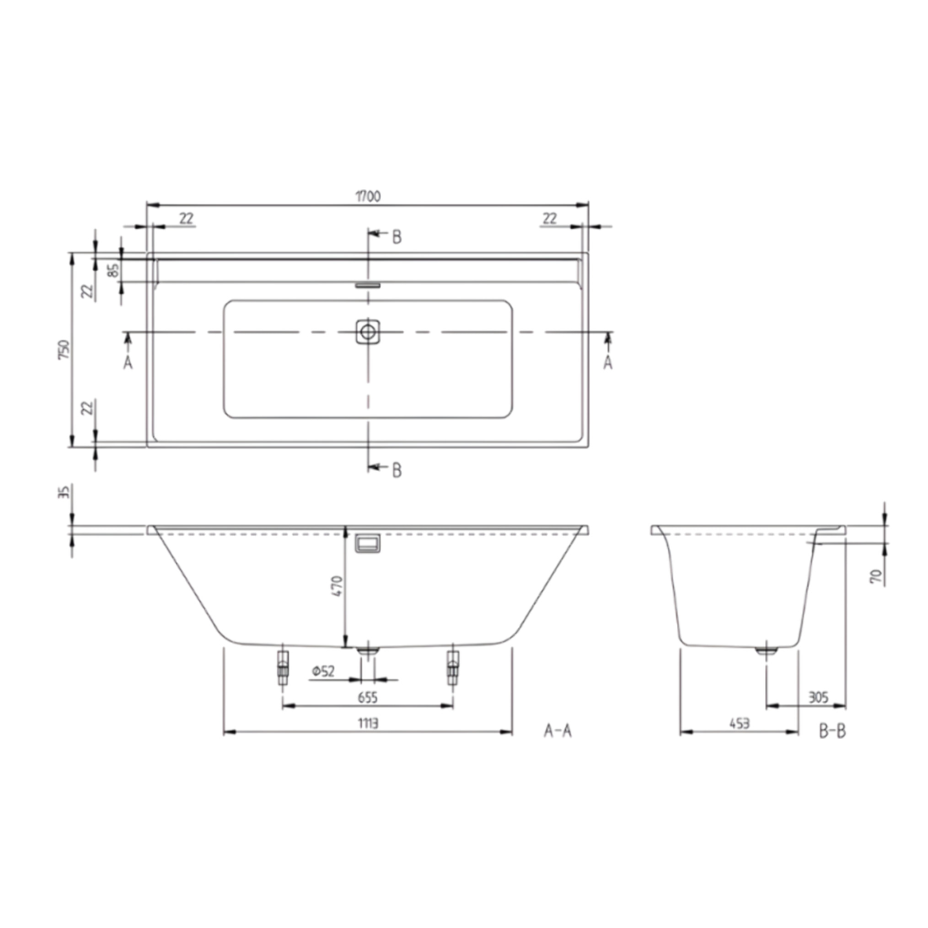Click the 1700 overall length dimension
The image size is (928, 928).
coord(368,197)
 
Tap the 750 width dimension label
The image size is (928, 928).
coord(64,349)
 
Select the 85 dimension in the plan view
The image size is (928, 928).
coord(113,270)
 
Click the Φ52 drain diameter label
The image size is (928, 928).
coord(323,671)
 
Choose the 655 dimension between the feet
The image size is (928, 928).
coord(367,697)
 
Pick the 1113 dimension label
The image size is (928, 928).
coord(367,723)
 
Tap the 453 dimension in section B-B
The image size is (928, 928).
coord(739,723)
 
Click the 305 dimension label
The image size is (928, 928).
coord(818,697)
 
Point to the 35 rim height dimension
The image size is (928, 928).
coord(64,492)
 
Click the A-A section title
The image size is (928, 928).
coord(558,731)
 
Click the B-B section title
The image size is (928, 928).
coord(832,731)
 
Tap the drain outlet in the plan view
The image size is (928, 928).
coord(368,332)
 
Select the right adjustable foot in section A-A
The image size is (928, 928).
coord(452,668)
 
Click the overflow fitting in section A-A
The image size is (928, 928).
coord(367,543)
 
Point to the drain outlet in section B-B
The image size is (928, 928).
coord(766,651)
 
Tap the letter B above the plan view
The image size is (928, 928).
coord(397,237)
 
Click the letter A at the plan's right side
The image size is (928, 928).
coord(608,363)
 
